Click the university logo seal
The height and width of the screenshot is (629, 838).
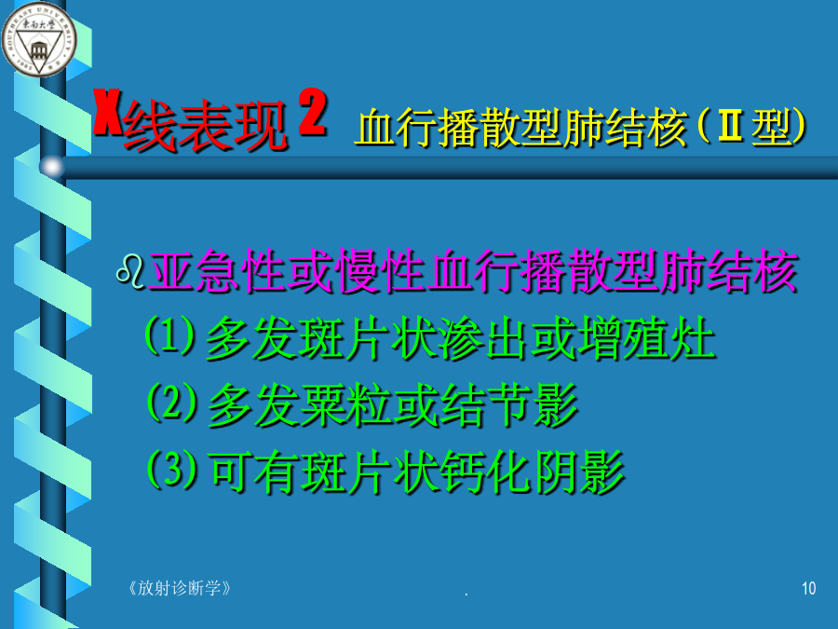(x=39, y=39)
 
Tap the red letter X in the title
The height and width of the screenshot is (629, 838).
(x=107, y=112)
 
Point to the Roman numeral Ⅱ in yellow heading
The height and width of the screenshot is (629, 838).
(x=731, y=126)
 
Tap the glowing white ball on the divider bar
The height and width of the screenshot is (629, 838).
(x=52, y=167)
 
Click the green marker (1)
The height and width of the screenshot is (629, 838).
(x=170, y=335)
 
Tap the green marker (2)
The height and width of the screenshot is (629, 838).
(x=172, y=403)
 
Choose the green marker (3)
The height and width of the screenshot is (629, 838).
(x=172, y=469)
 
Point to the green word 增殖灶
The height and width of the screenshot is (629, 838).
(x=647, y=338)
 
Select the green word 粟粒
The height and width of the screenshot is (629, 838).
(x=346, y=405)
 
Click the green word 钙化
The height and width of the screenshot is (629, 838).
(x=486, y=472)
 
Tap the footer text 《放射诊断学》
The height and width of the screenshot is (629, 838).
(x=180, y=588)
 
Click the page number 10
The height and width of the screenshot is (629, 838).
(x=808, y=588)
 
